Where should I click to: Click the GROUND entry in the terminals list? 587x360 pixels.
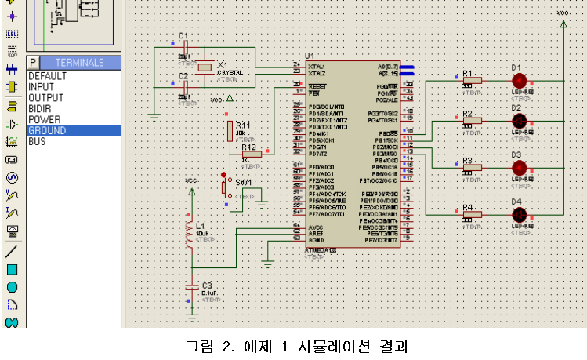click(x=47, y=131)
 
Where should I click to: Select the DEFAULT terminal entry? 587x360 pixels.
click(x=47, y=76)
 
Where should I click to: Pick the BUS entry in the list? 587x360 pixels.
click(x=37, y=142)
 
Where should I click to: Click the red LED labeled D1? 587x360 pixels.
click(x=518, y=80)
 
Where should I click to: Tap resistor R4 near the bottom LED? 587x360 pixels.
click(x=471, y=215)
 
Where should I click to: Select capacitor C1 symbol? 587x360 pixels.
click(x=185, y=47)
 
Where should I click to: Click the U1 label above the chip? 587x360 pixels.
click(x=310, y=56)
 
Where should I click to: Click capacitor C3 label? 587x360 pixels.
click(x=207, y=285)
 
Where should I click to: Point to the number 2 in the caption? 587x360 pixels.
click(x=228, y=346)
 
